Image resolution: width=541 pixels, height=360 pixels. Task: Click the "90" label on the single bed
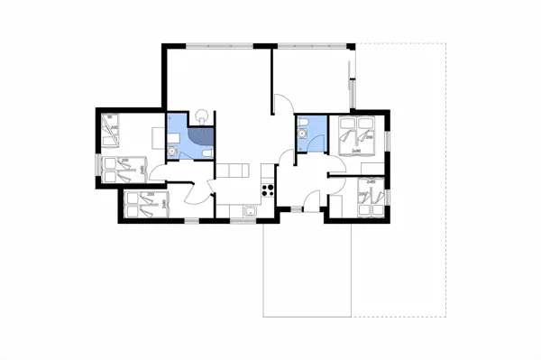[109, 116]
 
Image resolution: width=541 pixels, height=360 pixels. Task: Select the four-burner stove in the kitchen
[267, 189]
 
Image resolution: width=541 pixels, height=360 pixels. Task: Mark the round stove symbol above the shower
[202, 115]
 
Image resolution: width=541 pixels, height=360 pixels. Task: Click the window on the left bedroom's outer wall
[96, 167]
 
